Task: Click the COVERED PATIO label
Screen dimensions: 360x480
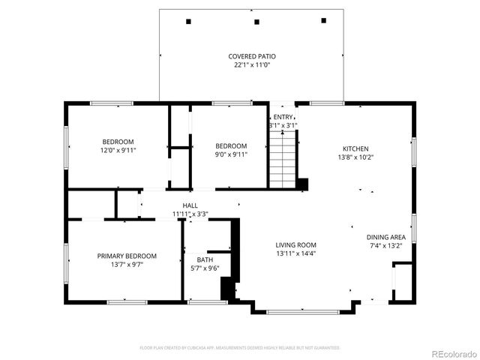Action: click(x=252, y=57)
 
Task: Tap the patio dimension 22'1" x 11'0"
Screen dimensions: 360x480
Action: click(x=252, y=65)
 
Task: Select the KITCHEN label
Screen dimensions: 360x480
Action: click(x=355, y=148)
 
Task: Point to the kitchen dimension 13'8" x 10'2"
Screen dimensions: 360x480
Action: click(x=355, y=157)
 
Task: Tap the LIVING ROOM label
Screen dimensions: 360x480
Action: click(x=295, y=245)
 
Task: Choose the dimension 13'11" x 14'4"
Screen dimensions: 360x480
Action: click(x=295, y=254)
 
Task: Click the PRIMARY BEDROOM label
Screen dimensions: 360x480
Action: click(x=127, y=256)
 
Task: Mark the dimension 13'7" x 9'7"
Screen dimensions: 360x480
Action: click(x=127, y=265)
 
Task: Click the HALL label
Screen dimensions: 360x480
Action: click(x=190, y=205)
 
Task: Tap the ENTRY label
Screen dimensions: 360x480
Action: click(x=283, y=117)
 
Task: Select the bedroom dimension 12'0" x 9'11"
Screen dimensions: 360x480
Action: click(x=118, y=150)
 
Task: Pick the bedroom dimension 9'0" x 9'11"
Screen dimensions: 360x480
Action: click(x=231, y=154)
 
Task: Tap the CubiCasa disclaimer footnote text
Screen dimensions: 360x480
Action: click(x=240, y=348)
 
